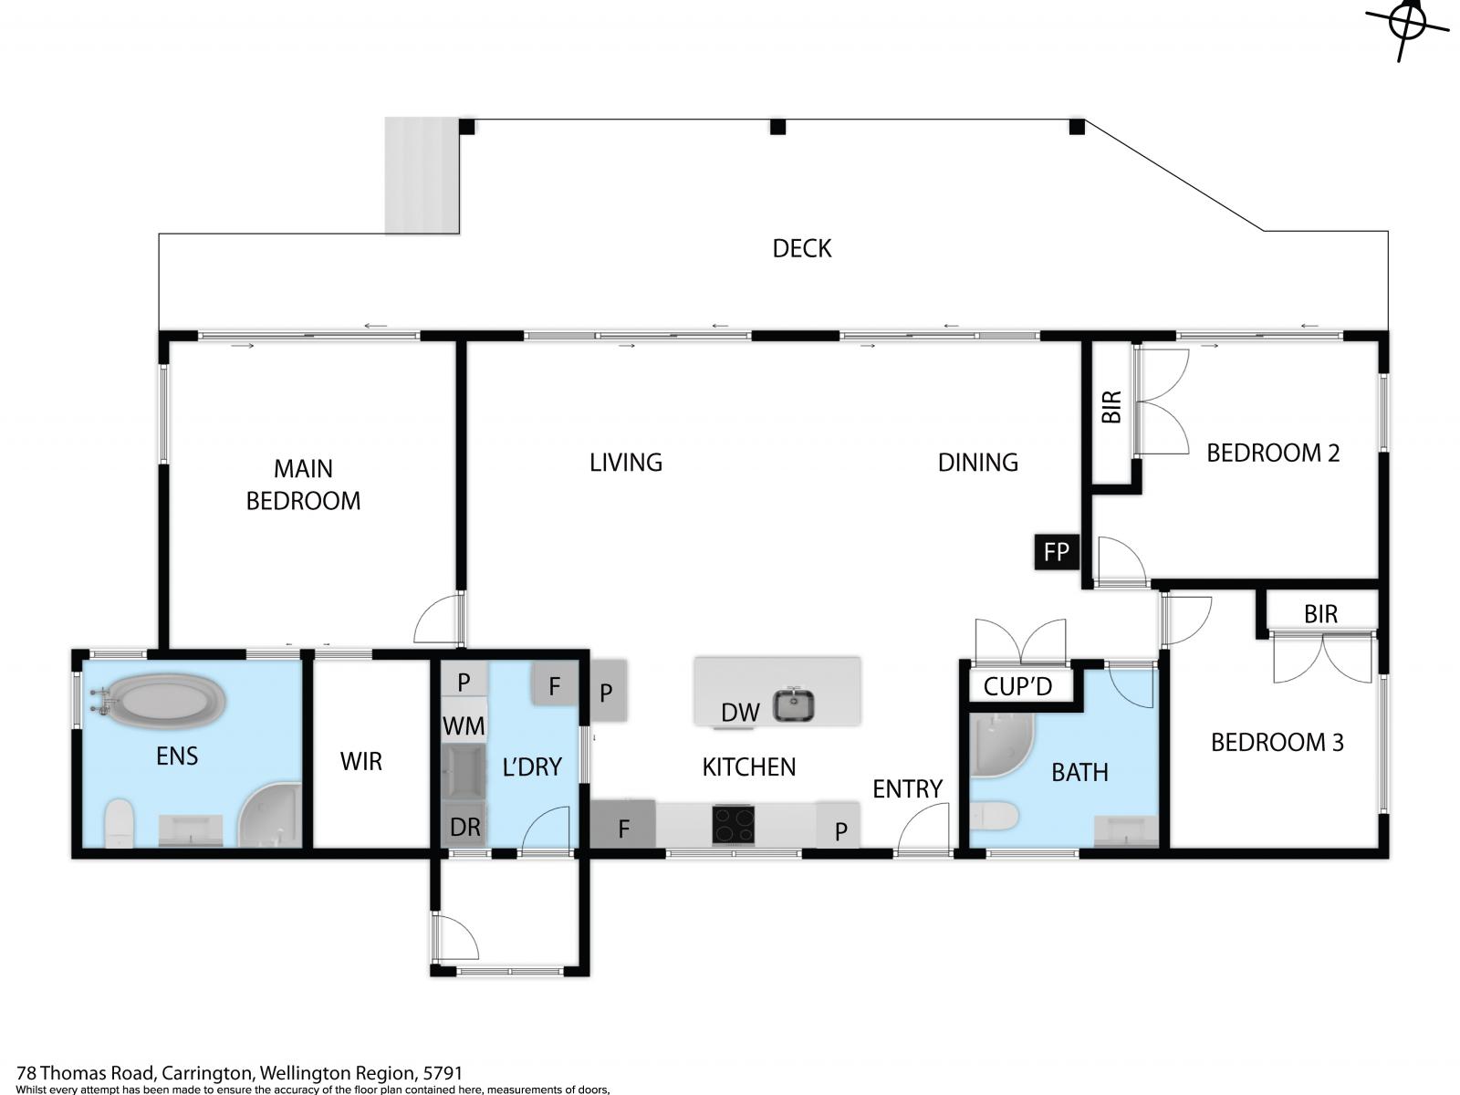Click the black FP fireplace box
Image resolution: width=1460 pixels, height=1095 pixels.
click(x=1056, y=552)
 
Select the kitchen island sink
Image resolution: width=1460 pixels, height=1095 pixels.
click(x=794, y=705)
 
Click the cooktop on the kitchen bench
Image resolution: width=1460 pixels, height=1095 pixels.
click(x=734, y=825)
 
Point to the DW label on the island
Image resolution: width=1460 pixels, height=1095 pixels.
click(x=740, y=713)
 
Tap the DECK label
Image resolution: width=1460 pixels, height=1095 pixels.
click(x=801, y=248)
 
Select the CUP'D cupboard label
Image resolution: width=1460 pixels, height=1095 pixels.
click(x=1017, y=686)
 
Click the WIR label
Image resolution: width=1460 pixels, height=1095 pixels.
click(x=360, y=761)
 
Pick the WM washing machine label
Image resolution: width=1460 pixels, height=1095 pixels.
click(x=464, y=726)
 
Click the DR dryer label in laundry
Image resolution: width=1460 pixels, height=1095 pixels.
click(x=464, y=828)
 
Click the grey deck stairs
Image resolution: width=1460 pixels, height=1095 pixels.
click(x=421, y=175)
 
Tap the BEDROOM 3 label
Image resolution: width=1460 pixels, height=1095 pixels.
click(x=1277, y=743)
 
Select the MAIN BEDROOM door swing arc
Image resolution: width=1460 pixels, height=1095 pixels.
click(x=437, y=620)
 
